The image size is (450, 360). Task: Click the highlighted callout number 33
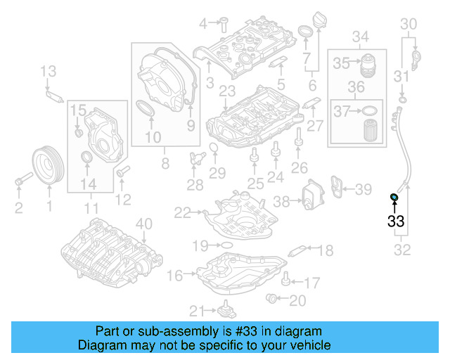tap(396, 221)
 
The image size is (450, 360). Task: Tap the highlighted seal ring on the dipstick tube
tap(395, 196)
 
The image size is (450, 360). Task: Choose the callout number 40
tap(143, 224)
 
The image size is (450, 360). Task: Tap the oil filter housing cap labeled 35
tap(369, 65)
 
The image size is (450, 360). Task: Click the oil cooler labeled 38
tap(308, 195)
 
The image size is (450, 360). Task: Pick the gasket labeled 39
tap(339, 189)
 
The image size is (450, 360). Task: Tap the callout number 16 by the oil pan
tap(174, 275)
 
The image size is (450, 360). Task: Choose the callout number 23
tap(226, 91)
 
